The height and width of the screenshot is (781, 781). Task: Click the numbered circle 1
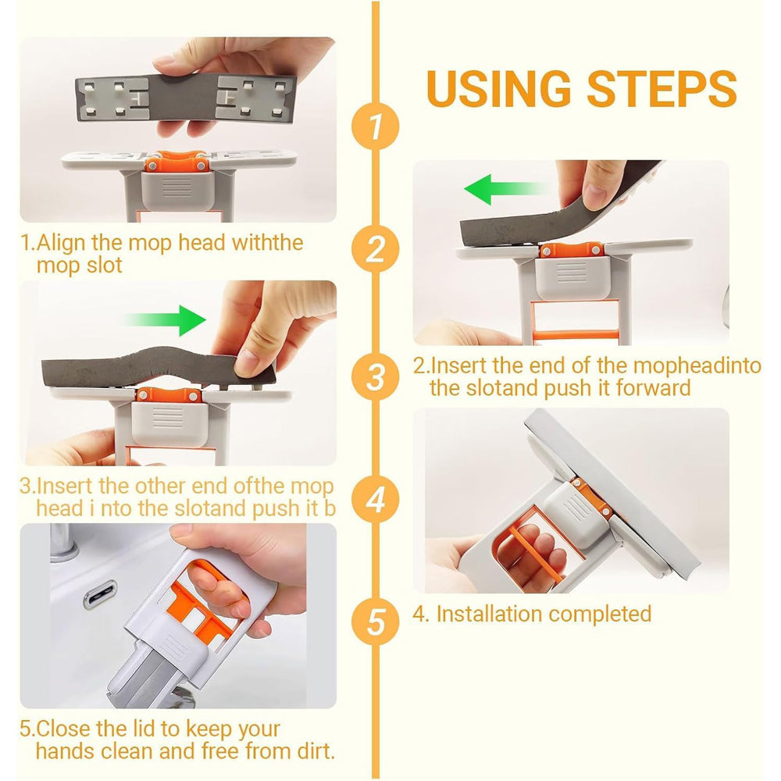click(375, 126)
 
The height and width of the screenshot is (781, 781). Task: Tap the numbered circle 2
click(375, 249)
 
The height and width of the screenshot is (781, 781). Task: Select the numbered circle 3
click(375, 376)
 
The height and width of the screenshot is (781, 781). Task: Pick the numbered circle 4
click(375, 499)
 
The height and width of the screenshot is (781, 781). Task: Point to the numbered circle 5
click(375, 622)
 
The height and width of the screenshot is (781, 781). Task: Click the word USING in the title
click(498, 89)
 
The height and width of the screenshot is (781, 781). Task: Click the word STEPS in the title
click(662, 89)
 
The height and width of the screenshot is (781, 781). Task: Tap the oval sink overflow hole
click(100, 594)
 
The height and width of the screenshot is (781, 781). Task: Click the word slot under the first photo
click(104, 265)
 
